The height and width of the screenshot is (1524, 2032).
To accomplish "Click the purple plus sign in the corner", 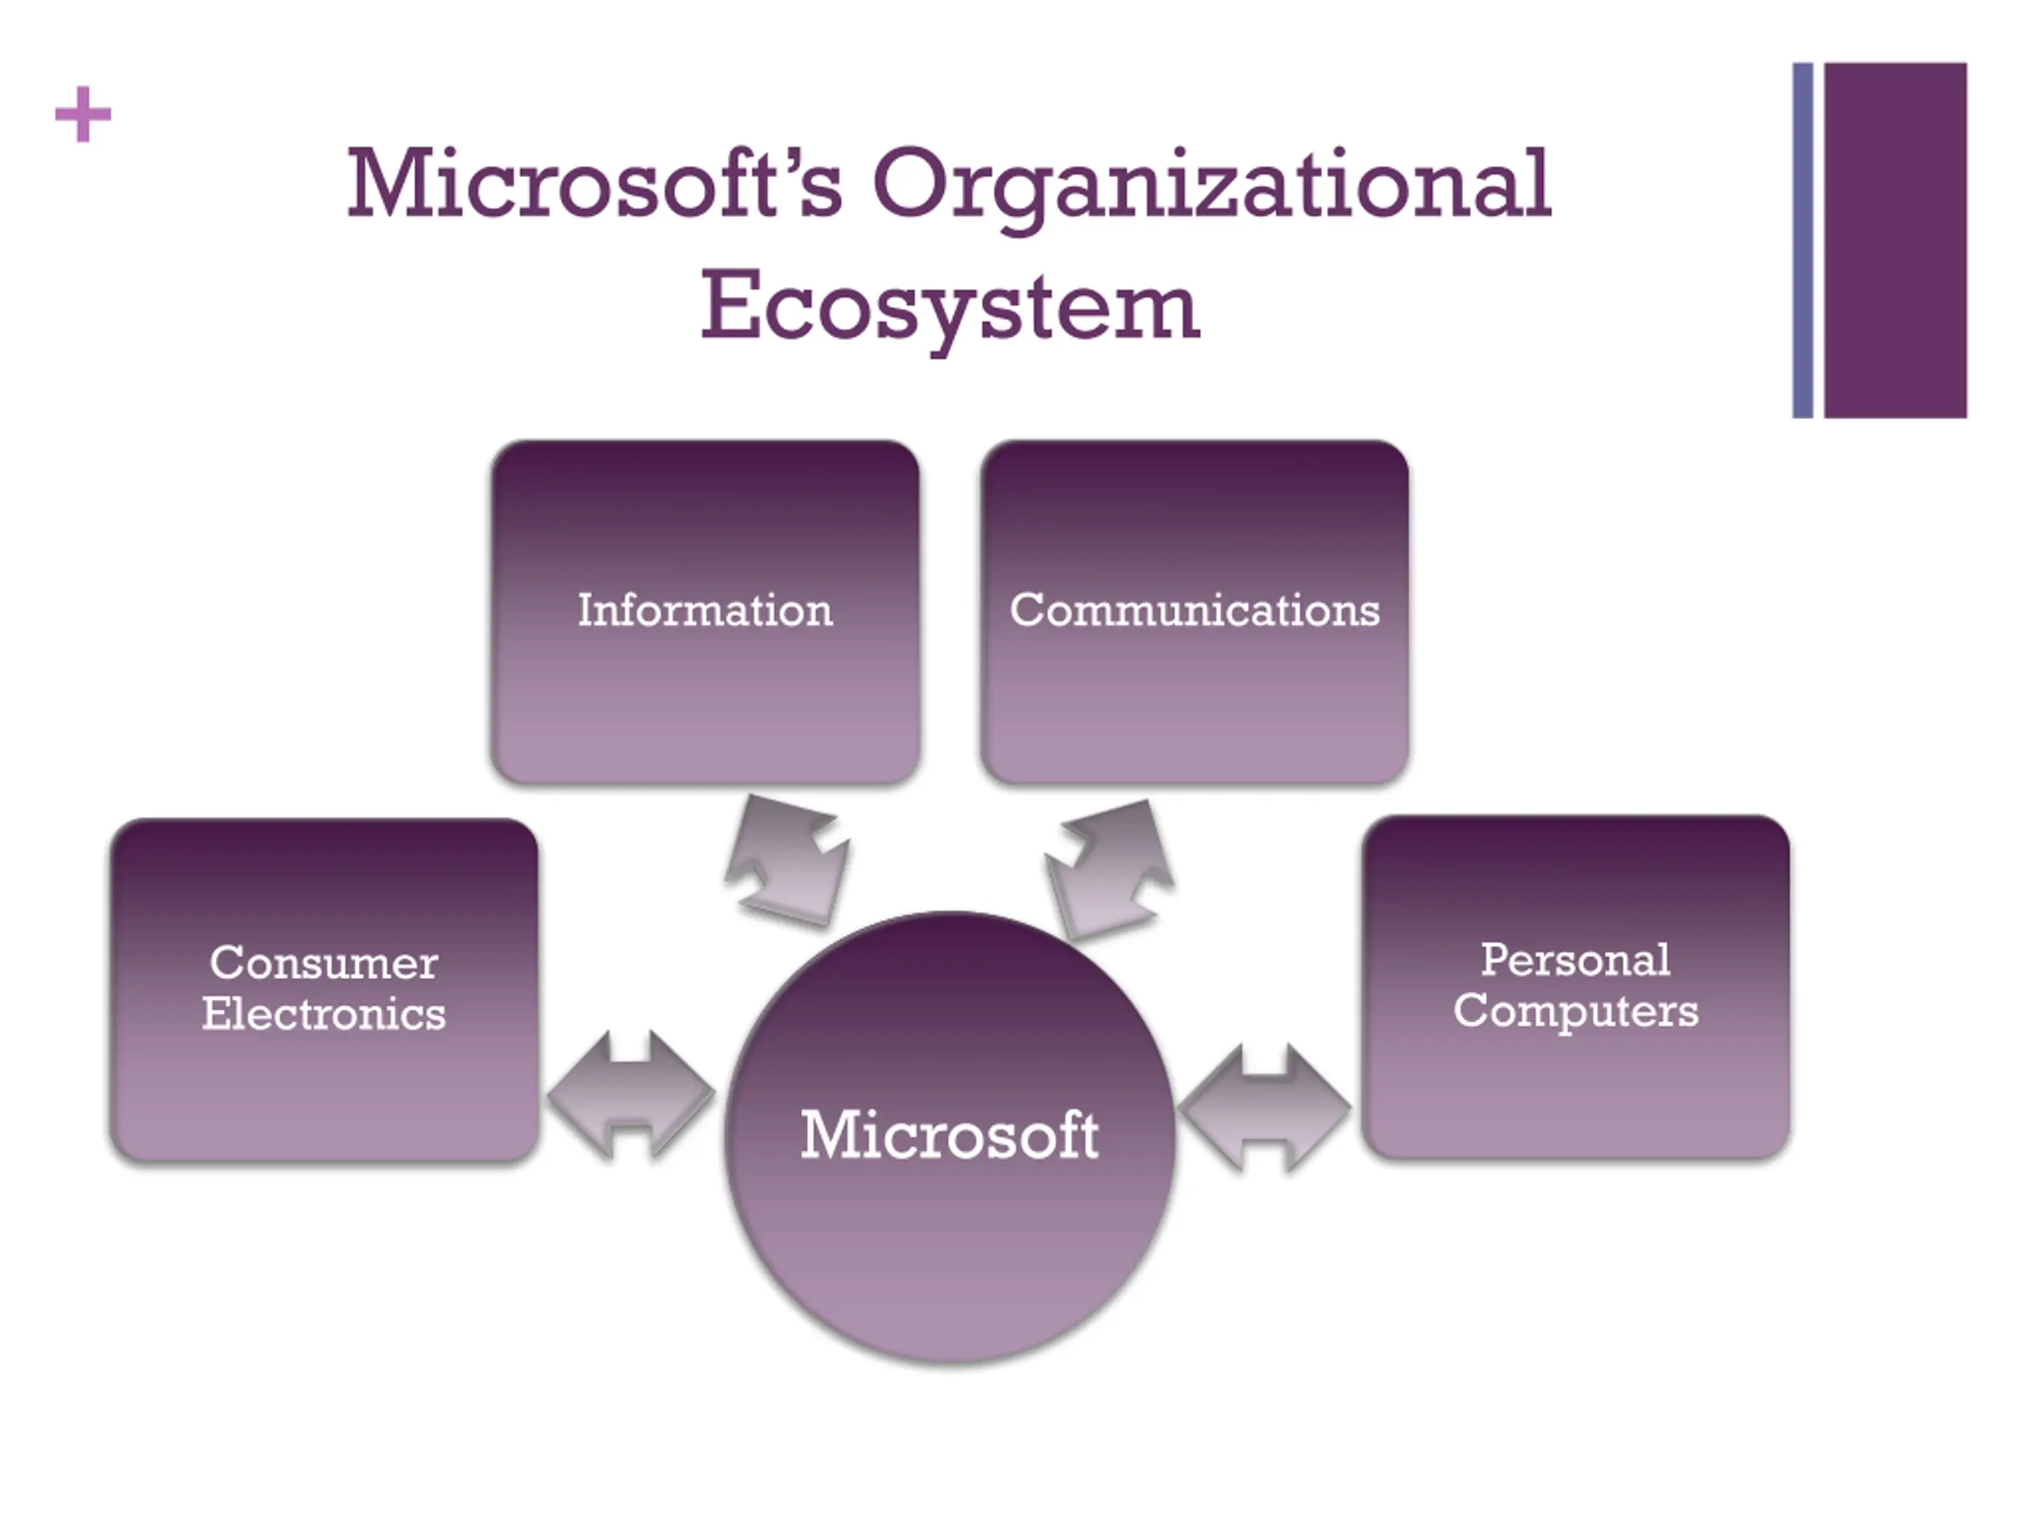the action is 83,115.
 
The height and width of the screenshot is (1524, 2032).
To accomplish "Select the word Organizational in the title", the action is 1212,183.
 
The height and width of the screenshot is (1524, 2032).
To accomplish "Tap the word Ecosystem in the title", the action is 950,306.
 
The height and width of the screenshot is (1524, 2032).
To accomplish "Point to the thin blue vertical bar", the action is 1803,240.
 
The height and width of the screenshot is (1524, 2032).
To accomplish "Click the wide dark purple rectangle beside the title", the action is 1895,240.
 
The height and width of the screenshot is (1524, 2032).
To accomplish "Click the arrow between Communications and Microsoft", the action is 1110,868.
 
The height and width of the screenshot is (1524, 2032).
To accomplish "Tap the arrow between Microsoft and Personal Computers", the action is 1265,1107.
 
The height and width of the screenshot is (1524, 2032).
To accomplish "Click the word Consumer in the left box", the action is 323,963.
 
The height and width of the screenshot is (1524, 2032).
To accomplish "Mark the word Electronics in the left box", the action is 323,1014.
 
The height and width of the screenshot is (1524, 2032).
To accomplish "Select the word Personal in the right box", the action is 1576,960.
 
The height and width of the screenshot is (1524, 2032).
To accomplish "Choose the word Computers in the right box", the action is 1576,1010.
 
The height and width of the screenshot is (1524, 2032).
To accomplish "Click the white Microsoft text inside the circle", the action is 950,1134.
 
